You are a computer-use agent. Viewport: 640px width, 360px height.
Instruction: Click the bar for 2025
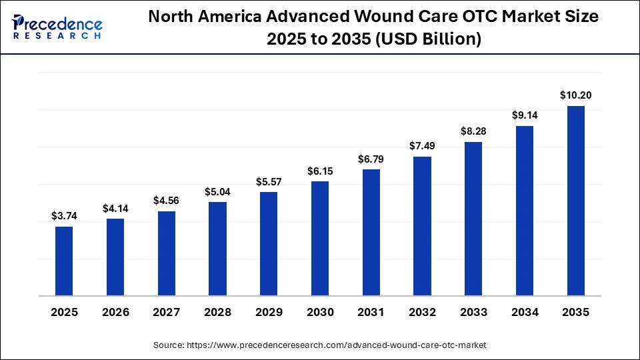[64, 261]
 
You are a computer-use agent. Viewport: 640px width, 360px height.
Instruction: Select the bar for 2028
[217, 248]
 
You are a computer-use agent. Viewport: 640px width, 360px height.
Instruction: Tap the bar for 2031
[371, 232]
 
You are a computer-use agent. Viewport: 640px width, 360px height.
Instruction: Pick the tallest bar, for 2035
[575, 200]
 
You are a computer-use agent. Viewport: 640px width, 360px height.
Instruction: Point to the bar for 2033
[473, 218]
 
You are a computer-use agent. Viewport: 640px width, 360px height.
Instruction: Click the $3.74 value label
[64, 216]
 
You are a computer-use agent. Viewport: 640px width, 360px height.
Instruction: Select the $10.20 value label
[575, 95]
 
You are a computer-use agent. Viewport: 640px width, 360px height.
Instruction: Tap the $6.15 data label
[320, 171]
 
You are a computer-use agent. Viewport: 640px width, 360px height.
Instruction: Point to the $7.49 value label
[422, 146]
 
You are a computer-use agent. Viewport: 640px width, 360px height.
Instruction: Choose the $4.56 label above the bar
[166, 201]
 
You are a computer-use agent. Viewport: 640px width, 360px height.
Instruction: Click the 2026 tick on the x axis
[115, 313]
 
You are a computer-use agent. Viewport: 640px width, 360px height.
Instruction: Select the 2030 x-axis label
[320, 313]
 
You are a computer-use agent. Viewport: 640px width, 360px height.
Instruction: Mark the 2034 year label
[525, 313]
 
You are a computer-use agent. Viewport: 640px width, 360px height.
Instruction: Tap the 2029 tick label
[269, 313]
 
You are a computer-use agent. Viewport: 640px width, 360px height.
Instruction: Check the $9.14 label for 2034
[525, 115]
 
